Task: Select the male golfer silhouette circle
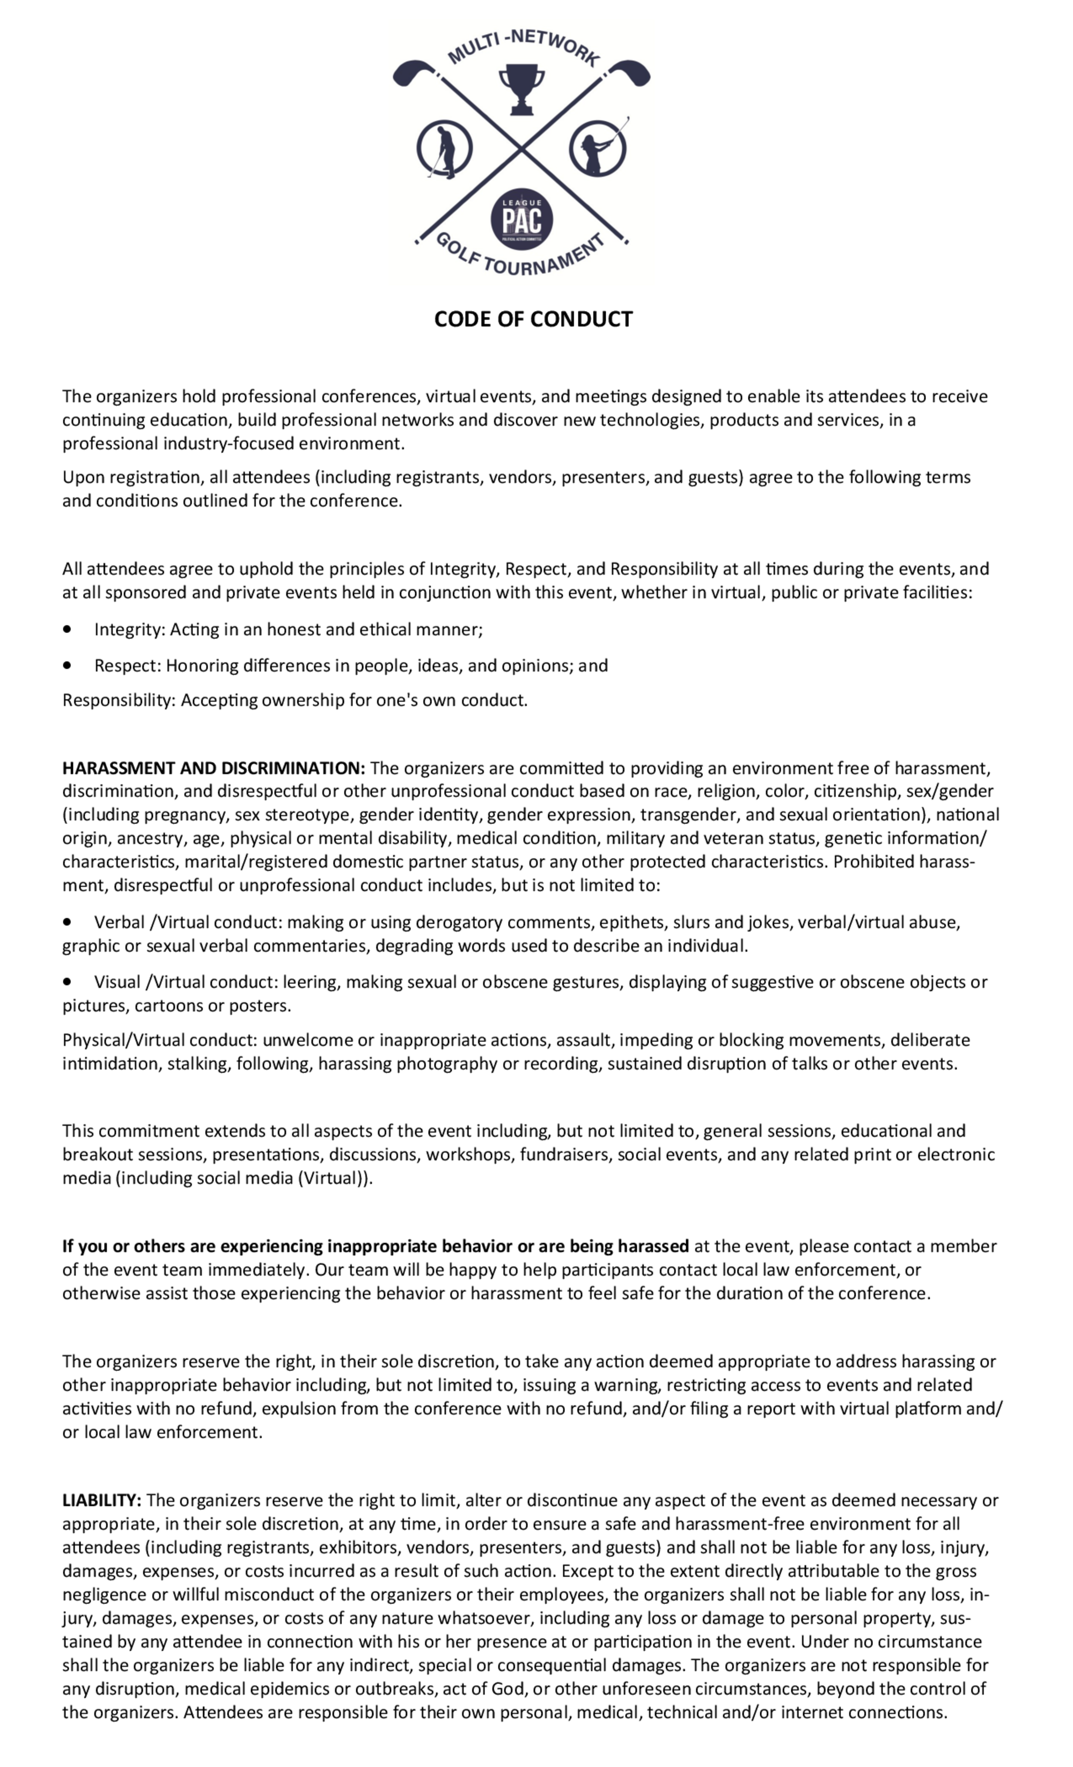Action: pyautogui.click(x=445, y=149)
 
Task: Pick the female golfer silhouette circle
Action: pyautogui.click(x=597, y=149)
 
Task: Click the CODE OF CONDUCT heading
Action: pyautogui.click(x=533, y=319)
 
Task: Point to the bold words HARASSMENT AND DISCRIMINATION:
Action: pyautogui.click(x=213, y=768)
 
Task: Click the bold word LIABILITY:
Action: pyautogui.click(x=101, y=1500)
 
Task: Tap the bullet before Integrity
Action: pyautogui.click(x=68, y=629)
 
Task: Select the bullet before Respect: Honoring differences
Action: pyautogui.click(x=68, y=665)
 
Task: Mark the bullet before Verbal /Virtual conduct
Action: pyautogui.click(x=68, y=922)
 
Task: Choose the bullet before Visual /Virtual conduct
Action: pyautogui.click(x=68, y=981)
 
